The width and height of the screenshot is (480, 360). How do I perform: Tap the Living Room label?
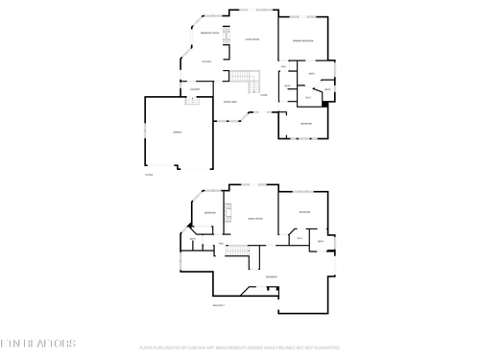tap(253, 39)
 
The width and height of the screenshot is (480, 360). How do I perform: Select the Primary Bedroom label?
tap(303, 40)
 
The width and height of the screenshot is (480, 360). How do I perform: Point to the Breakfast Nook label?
tap(207, 34)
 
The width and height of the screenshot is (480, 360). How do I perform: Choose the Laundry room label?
tap(195, 89)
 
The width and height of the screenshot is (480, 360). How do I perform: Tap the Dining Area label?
tap(230, 102)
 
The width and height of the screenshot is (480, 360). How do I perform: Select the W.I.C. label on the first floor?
tap(307, 98)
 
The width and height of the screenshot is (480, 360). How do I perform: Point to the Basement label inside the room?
tap(272, 276)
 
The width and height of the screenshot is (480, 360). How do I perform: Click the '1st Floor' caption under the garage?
tap(148, 176)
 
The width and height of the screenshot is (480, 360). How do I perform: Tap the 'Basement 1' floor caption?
tap(218, 305)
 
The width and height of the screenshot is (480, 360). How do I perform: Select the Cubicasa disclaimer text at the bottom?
tap(239, 347)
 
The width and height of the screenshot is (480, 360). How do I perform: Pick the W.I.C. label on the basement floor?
tap(300, 238)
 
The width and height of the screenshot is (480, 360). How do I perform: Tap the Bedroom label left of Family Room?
tap(209, 212)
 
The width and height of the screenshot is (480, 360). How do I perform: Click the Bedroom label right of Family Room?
tap(304, 212)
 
